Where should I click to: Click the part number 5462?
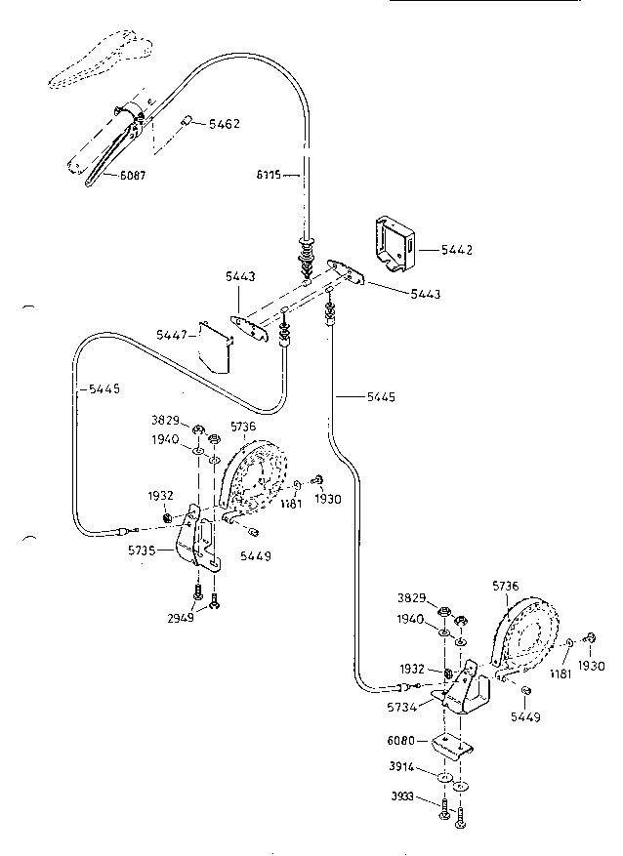point(223,124)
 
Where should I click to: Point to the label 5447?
point(172,334)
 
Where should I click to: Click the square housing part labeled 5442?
point(393,241)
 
